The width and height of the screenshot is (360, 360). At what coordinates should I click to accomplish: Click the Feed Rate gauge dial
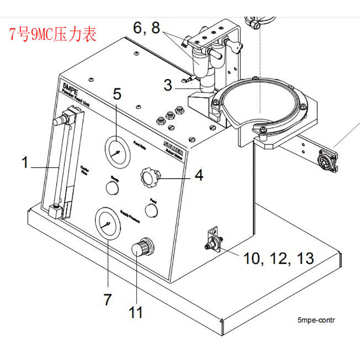(117, 153)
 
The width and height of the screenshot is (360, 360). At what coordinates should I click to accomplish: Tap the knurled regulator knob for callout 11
(142, 249)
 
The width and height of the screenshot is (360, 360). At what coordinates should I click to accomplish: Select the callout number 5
(117, 94)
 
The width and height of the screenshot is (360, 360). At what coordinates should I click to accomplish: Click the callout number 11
(135, 312)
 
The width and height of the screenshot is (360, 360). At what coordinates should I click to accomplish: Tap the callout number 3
(168, 85)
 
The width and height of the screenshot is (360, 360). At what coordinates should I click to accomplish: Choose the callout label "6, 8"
(146, 28)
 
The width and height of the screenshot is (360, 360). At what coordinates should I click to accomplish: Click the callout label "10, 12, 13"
(279, 258)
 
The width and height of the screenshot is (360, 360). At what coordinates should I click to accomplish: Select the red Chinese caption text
(53, 35)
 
